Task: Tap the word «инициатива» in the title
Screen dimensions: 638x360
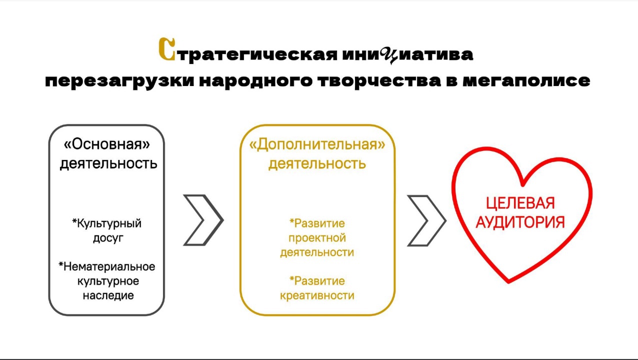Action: (407, 54)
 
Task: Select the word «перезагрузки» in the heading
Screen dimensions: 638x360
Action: (119, 81)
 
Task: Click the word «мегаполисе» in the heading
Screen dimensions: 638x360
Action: (526, 81)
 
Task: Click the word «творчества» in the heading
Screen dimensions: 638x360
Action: (379, 81)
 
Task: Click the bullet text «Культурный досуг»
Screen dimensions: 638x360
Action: (107, 230)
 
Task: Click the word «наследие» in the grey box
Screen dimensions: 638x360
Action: (108, 295)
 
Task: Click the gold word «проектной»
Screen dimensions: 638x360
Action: (317, 238)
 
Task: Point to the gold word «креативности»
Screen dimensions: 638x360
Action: (317, 295)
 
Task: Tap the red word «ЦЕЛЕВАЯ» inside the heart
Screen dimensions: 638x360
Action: (520, 203)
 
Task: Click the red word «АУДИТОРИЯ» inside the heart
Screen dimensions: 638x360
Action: (520, 222)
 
